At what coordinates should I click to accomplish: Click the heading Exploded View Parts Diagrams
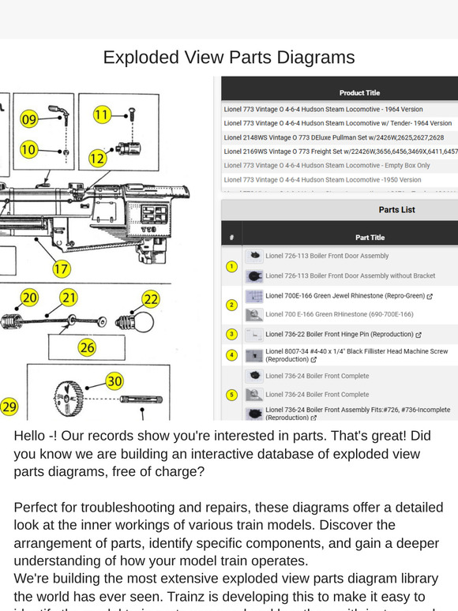point(229,58)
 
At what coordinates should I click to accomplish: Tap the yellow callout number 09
point(29,120)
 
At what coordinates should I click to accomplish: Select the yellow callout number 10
point(28,149)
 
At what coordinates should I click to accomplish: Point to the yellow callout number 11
point(102,115)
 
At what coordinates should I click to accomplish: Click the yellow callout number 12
point(97,159)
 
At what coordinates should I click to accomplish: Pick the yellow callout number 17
point(62,269)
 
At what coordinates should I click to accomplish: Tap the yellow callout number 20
point(29,298)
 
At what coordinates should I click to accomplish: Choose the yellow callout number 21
point(69,298)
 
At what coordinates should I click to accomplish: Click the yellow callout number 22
point(151,299)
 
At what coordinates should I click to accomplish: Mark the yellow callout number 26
point(87,347)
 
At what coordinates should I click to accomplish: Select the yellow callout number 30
point(114,381)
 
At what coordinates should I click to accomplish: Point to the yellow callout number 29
point(9,407)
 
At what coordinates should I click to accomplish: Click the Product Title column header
point(359,93)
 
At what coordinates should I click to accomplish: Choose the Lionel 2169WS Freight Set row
point(340,151)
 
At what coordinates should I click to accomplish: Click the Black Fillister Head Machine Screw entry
point(355,355)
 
